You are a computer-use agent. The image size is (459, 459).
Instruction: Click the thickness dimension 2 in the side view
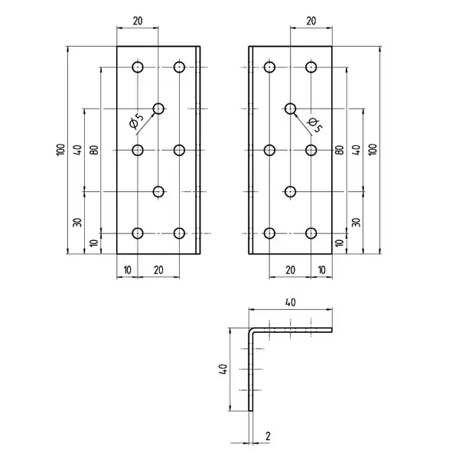tap(268, 436)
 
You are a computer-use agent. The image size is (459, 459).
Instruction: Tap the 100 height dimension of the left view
tap(60, 150)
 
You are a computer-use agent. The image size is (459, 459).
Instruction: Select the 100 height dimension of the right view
tap(373, 150)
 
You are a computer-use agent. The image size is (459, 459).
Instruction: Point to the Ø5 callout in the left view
tap(136, 121)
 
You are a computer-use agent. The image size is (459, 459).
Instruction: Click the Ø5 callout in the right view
tap(314, 125)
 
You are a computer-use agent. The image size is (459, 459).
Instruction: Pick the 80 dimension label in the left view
tap(94, 150)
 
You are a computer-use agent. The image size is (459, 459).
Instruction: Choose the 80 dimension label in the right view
tap(340, 150)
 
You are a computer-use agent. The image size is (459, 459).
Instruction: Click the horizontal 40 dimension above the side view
tap(290, 302)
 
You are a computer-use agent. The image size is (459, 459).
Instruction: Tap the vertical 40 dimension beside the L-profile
tap(223, 369)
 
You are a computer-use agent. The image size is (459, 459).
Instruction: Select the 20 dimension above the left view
tap(138, 21)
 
